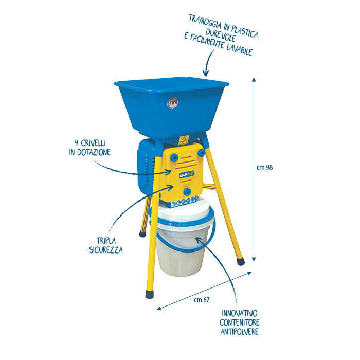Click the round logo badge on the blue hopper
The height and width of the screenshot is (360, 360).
(x=173, y=103)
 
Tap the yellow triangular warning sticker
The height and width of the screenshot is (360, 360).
(x=184, y=140)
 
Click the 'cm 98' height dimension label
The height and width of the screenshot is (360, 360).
(x=265, y=167)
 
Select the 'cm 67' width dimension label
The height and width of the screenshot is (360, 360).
(x=202, y=300)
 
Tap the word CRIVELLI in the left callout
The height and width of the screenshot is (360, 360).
(x=93, y=143)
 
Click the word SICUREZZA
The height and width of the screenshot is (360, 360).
(x=106, y=250)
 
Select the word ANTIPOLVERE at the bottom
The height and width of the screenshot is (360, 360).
(x=240, y=332)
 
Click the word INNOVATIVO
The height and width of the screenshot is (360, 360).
(x=240, y=313)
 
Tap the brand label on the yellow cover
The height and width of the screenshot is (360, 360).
(x=187, y=174)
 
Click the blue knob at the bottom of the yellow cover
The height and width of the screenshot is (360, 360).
(x=187, y=191)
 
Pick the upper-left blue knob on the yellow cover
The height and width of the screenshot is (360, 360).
(x=174, y=157)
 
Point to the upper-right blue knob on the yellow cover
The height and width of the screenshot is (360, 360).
(x=202, y=152)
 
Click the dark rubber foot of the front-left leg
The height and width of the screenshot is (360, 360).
(x=149, y=294)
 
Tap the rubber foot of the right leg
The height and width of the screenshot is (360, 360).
(x=240, y=261)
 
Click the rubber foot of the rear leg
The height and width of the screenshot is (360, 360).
(x=142, y=233)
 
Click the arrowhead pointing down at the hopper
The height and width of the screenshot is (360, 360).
(x=206, y=73)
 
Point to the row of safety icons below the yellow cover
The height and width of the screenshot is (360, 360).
(x=184, y=202)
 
